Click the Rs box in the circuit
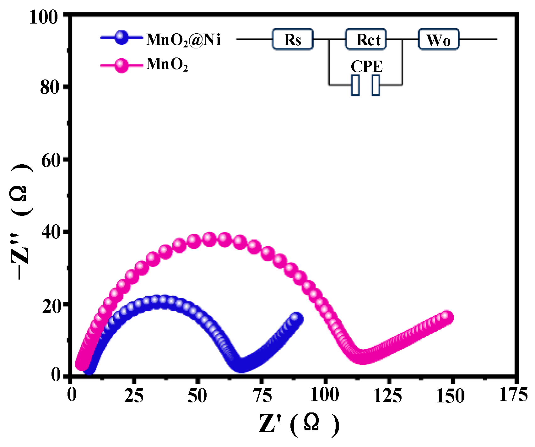tap(292, 39)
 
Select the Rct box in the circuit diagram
tap(366, 39)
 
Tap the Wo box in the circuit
tap(439, 39)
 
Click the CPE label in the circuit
tap(366, 66)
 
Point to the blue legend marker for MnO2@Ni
tap(121, 38)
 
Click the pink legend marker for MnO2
tap(121, 65)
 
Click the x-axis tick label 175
tap(513, 395)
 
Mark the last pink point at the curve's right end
tap(446, 317)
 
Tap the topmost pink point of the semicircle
tap(209, 239)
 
